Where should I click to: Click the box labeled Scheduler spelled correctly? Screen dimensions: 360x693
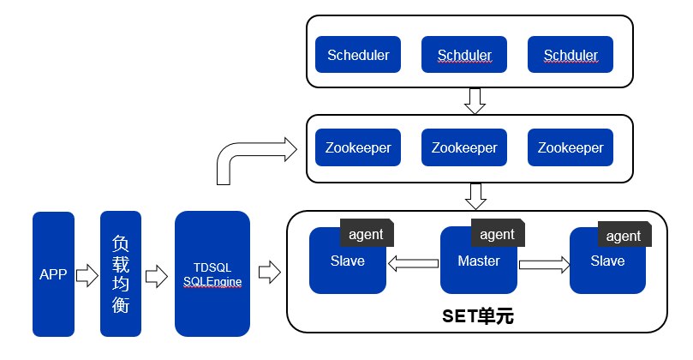(358, 54)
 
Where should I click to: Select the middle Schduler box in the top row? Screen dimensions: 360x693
(464, 54)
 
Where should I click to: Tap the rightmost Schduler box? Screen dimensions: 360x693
(571, 54)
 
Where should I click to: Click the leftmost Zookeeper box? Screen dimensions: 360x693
(358, 147)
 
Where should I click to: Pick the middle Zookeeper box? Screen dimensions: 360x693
(464, 147)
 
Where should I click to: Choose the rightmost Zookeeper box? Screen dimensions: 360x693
(571, 147)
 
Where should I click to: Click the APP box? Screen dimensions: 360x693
(53, 274)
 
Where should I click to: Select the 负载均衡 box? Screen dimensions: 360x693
(121, 274)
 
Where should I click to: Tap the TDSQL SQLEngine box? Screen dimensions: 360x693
(212, 274)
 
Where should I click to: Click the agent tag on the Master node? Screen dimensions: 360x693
(497, 234)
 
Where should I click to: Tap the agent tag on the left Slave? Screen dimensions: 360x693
(367, 232)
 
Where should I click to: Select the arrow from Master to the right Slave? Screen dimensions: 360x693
(544, 264)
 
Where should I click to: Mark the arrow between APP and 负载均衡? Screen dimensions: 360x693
(87, 275)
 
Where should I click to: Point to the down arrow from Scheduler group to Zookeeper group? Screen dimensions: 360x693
(475, 100)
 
